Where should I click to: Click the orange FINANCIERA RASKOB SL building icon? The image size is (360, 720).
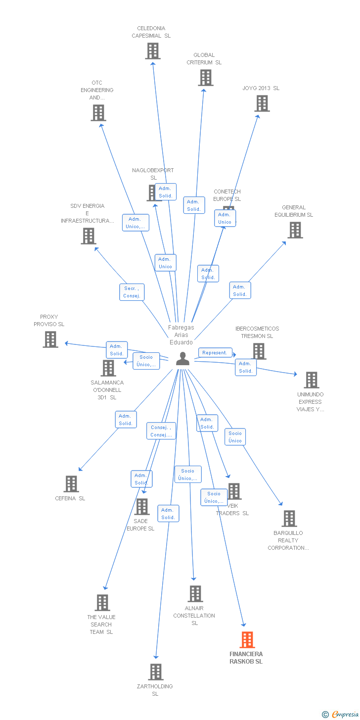[x=247, y=639]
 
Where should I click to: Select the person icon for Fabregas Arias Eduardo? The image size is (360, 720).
[x=182, y=359]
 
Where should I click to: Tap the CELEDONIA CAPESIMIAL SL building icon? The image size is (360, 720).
[x=153, y=51]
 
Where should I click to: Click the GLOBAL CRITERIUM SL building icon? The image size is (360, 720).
[x=206, y=78]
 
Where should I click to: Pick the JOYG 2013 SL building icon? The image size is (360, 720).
[x=262, y=103]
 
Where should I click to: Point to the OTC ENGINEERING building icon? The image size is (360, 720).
[x=98, y=113]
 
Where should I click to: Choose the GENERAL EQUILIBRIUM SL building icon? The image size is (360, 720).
[x=295, y=230]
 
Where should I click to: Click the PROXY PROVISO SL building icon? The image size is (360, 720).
[x=50, y=339]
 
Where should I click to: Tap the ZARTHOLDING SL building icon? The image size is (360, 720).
[x=156, y=672]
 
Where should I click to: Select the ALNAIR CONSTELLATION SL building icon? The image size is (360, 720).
[x=195, y=593]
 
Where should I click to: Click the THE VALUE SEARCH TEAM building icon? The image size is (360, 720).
[x=102, y=602]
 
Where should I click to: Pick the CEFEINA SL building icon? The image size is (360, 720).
[x=71, y=483]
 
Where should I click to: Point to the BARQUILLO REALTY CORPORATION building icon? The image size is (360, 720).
[x=289, y=518]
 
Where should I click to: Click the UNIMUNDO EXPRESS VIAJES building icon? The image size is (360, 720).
[x=312, y=380]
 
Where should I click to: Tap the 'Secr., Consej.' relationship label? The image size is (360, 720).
[x=132, y=292]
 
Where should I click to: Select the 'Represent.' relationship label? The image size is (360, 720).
[x=215, y=353]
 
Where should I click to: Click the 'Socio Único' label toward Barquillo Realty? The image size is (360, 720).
[x=235, y=437]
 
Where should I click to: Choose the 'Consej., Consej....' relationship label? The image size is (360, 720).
[x=161, y=431]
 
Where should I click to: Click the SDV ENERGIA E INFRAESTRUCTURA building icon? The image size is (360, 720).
[x=89, y=236]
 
